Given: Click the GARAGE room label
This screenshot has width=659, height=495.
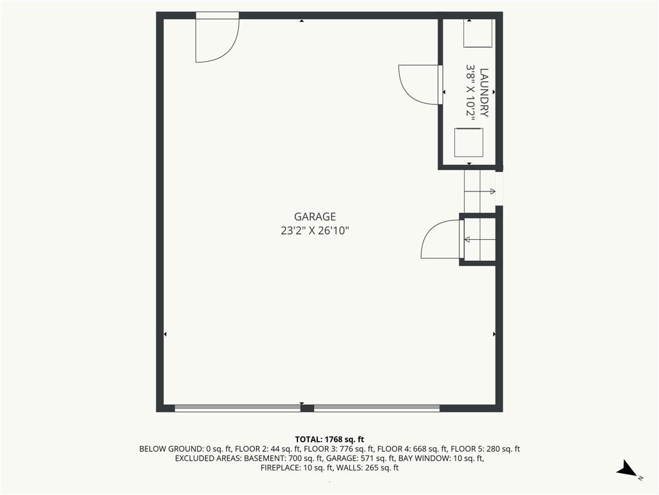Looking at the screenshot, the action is [x=315, y=217].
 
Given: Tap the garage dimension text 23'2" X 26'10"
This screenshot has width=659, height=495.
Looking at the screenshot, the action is [x=315, y=231].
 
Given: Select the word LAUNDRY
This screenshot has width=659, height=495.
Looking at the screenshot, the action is [x=484, y=93].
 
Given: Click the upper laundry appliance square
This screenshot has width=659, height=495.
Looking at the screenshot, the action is [x=478, y=33].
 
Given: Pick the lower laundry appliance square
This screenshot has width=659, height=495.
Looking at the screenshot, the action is [x=469, y=142].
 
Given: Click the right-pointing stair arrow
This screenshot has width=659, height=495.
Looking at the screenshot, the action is [x=479, y=191].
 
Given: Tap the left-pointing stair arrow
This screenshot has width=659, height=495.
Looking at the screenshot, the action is [x=479, y=240].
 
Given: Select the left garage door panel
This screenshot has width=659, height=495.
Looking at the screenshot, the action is [x=238, y=408].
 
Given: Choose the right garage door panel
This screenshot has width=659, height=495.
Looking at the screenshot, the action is [x=376, y=408].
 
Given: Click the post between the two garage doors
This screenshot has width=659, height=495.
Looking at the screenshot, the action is [x=307, y=408].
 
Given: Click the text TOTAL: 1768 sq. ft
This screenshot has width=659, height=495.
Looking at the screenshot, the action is [x=329, y=440].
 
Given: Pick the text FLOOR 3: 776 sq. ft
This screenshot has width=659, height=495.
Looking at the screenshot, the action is [x=339, y=449].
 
